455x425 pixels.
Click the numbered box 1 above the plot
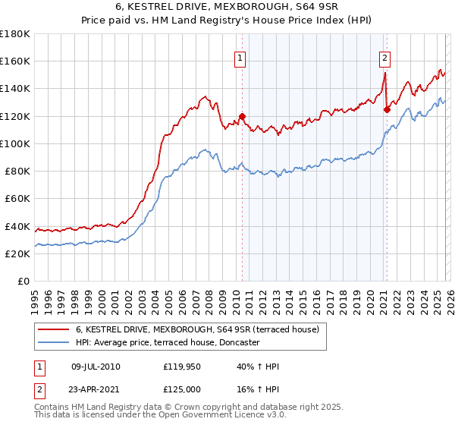(240, 57)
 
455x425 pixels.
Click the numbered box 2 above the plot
(384, 57)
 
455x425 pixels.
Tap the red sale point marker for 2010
(243, 116)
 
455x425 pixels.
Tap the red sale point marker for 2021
(387, 109)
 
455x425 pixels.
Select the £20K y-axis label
(17, 254)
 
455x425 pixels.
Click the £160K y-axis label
(15, 61)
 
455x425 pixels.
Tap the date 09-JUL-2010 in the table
(94, 367)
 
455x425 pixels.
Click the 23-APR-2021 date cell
(94, 389)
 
